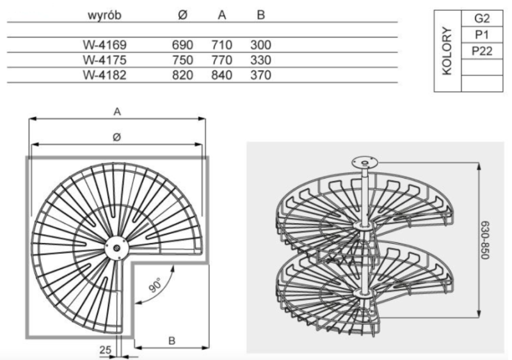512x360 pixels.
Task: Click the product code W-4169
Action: click(104, 45)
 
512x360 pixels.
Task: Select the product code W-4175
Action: click(104, 60)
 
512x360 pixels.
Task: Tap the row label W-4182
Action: click(104, 75)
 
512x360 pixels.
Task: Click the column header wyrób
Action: click(104, 15)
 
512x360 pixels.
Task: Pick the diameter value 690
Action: click(182, 45)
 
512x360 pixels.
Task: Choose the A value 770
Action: click(221, 60)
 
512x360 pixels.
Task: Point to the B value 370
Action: click(260, 75)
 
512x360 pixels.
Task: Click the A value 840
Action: click(221, 75)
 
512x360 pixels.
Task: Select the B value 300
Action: click(260, 45)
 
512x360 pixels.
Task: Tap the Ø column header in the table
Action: click(183, 15)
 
